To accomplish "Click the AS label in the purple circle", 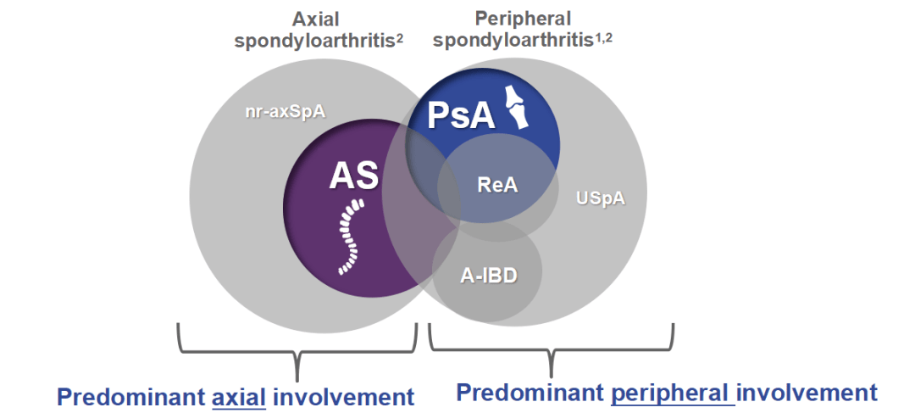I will pos(354,176).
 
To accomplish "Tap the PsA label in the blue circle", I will pos(461,114).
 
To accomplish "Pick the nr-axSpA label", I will pos(279,110).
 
